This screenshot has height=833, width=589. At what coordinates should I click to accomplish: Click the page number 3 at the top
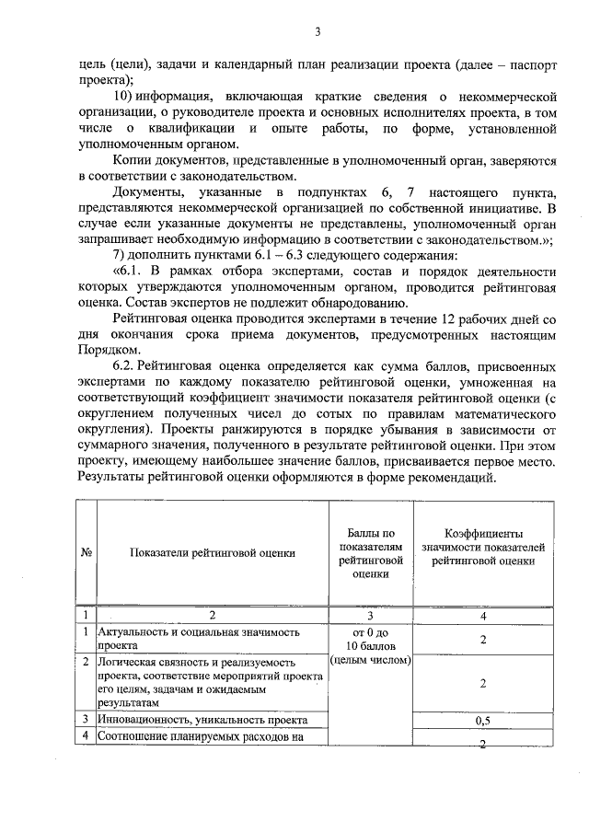point(318,33)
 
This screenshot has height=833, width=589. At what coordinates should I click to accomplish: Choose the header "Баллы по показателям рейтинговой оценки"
point(371,552)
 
